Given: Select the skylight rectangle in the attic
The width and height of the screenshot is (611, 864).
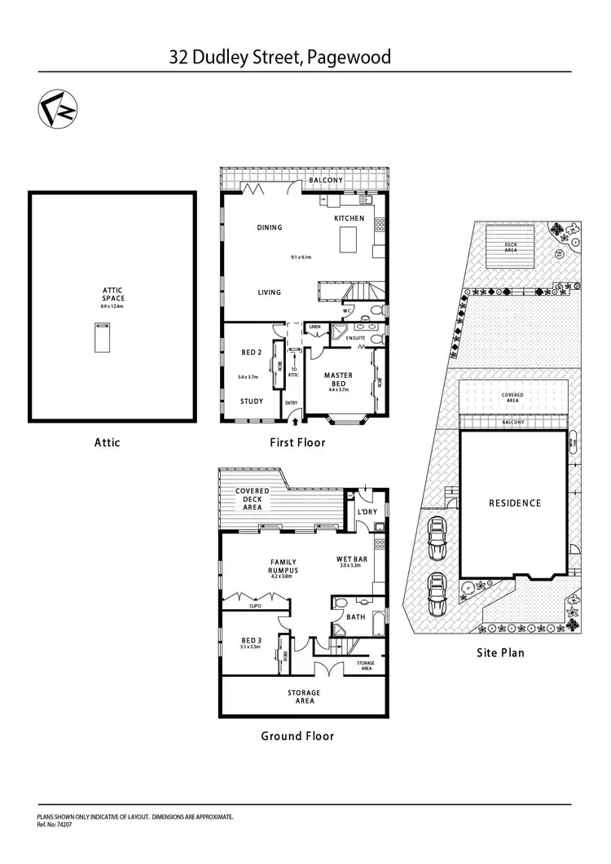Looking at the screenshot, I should [x=101, y=337].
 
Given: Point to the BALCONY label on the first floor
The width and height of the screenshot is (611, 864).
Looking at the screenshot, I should [x=326, y=180].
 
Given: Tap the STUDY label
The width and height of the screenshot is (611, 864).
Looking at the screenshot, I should [x=252, y=401].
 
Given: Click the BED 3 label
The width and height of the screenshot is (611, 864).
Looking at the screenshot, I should [x=251, y=641].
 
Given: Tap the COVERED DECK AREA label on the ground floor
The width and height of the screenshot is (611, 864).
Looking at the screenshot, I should [x=253, y=498].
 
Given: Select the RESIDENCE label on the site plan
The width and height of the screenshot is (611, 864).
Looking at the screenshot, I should [x=514, y=503].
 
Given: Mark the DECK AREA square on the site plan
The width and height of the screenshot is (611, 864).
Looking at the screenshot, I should [x=510, y=248].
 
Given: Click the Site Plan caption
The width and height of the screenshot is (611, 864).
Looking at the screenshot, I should [x=500, y=652].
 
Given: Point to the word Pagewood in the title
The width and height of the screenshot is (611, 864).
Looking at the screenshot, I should [x=351, y=57].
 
